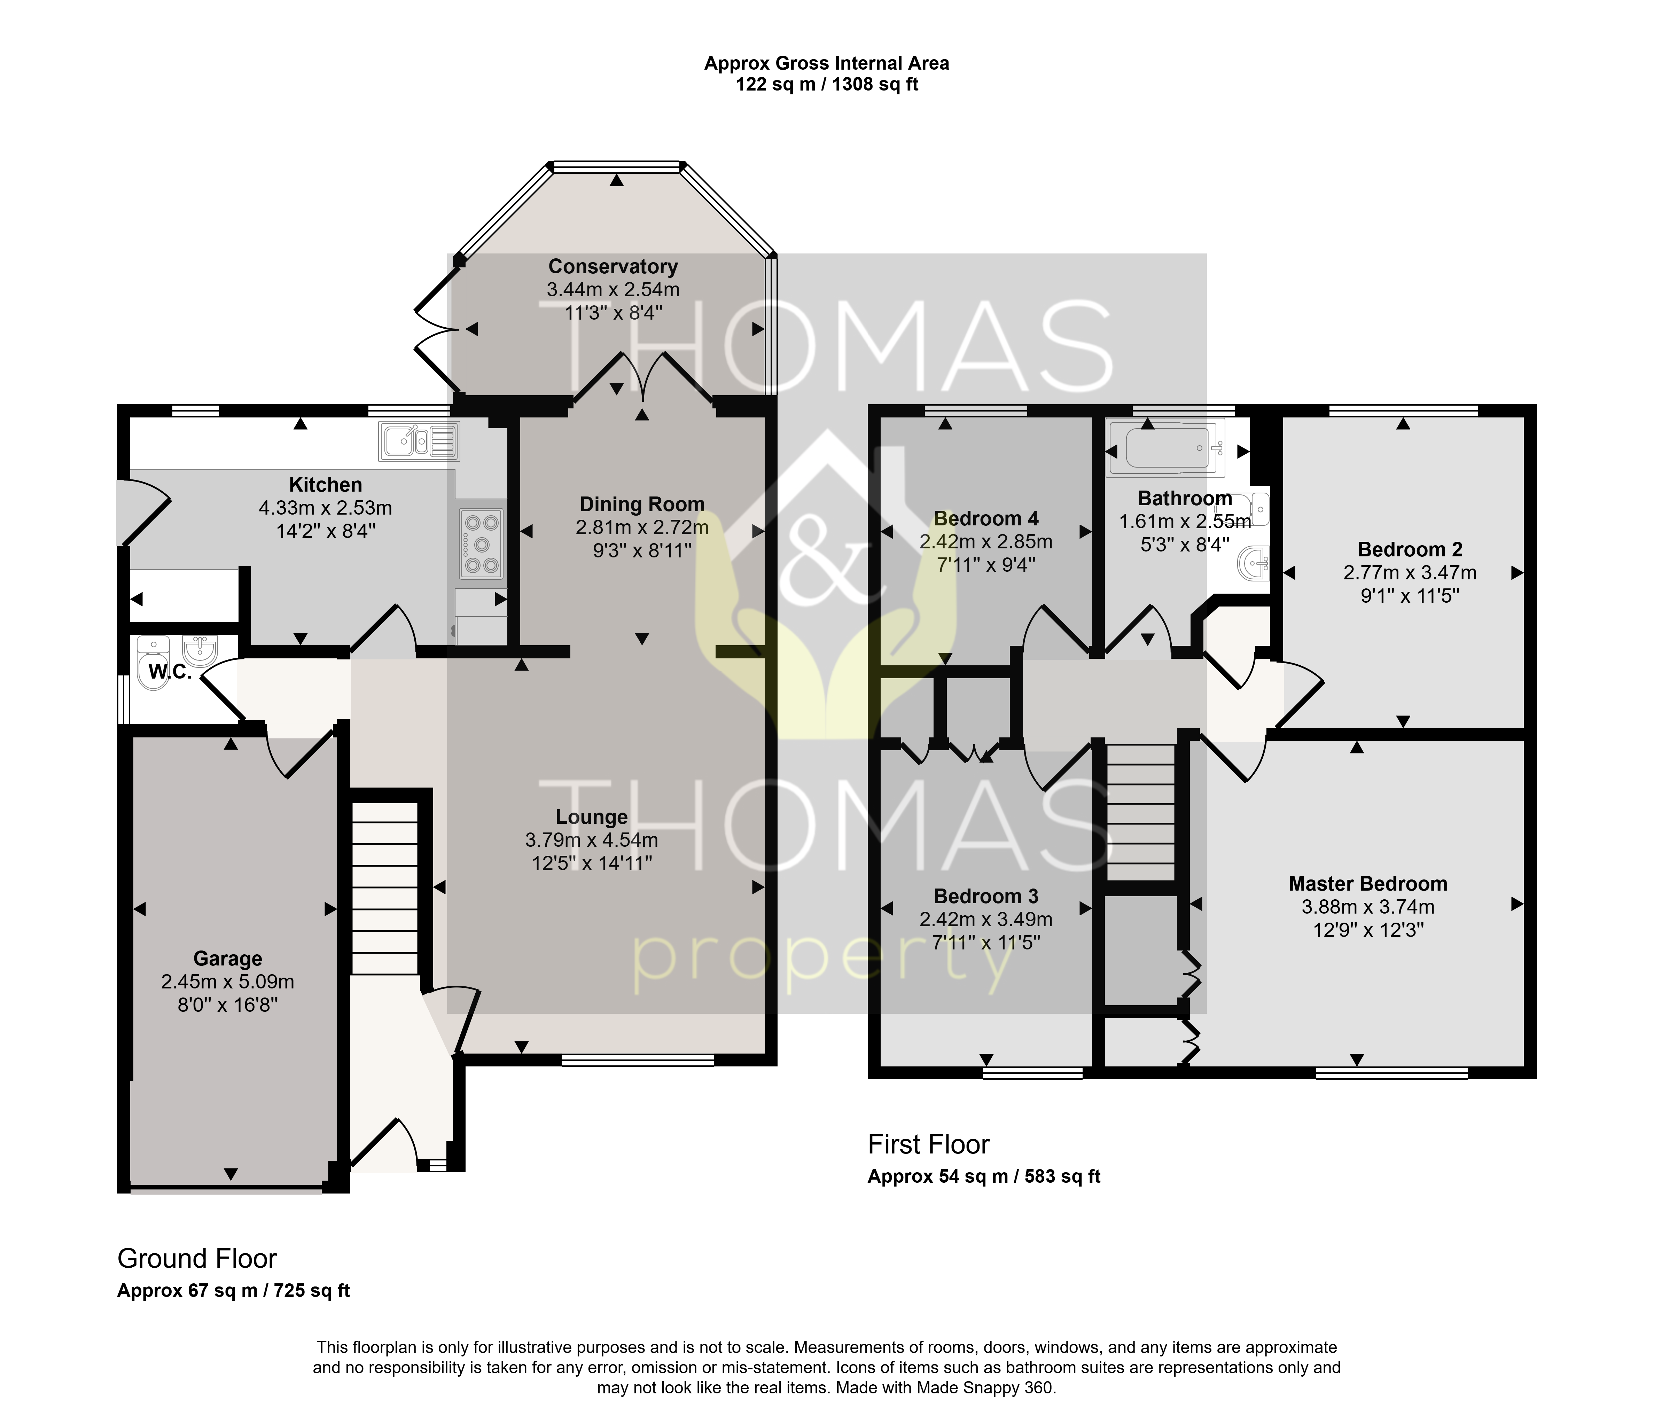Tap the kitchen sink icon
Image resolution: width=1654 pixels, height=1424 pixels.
[419, 441]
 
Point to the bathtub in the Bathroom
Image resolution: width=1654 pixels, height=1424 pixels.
[1165, 450]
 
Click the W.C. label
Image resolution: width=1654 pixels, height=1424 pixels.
[170, 672]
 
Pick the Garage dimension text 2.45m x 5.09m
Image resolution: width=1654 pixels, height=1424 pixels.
[227, 982]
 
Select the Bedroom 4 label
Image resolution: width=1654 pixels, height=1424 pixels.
[986, 519]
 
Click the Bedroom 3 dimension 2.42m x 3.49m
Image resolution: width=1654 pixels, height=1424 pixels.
[986, 920]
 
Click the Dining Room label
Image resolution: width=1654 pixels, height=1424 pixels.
[642, 504]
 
